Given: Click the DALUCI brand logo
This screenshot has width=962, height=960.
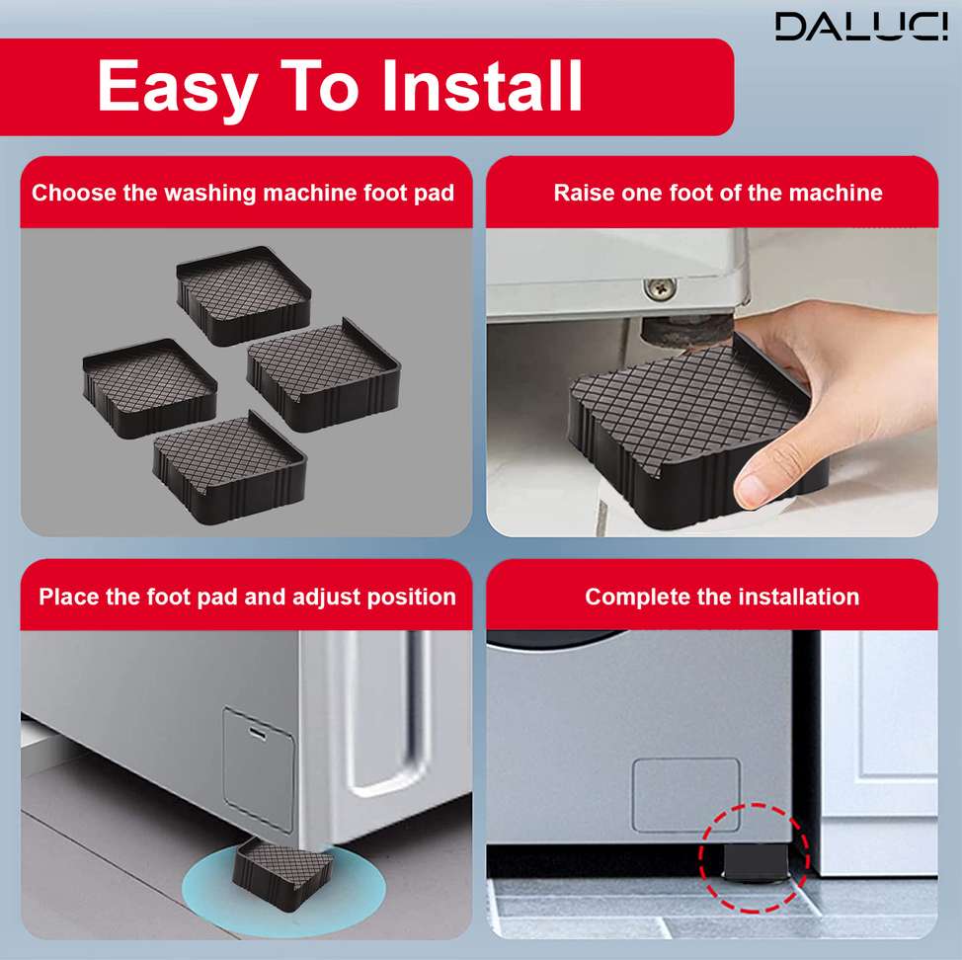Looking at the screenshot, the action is [861, 27].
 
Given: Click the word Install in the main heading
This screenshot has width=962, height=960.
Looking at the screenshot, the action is [482, 86].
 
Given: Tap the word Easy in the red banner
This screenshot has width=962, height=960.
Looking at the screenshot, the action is [178, 89].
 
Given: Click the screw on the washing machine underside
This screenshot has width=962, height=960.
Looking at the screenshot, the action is [660, 288].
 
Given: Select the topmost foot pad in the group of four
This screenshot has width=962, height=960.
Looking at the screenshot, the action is [244, 294].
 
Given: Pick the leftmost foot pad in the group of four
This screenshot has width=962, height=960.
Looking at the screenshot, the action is [150, 388].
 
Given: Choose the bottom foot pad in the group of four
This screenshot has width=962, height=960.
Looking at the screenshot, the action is [229, 467].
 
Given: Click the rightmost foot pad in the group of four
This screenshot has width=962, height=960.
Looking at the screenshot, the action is [323, 374].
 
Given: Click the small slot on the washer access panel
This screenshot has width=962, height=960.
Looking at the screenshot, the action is [257, 733].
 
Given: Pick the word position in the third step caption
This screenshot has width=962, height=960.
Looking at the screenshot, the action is [411, 598].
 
